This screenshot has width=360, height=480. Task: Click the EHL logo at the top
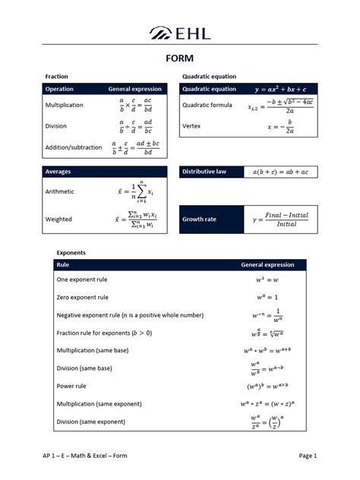click(x=180, y=33)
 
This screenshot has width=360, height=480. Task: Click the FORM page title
click(x=180, y=58)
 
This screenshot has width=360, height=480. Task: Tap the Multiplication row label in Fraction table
click(x=65, y=105)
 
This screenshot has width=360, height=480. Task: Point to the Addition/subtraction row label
click(x=74, y=147)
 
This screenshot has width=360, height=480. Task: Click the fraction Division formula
click(x=136, y=126)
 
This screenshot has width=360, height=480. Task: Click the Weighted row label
click(x=58, y=219)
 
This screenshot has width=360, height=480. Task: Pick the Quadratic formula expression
click(x=281, y=106)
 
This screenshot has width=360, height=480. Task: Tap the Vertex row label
click(x=192, y=125)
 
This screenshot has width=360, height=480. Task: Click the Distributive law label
click(x=204, y=172)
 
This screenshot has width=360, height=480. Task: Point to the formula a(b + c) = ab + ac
click(x=280, y=172)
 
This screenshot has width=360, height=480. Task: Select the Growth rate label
click(x=199, y=219)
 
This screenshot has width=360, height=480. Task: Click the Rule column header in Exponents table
click(x=63, y=265)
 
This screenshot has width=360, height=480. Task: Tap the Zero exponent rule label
click(x=83, y=298)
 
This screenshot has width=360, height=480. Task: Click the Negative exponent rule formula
click(x=267, y=314)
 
